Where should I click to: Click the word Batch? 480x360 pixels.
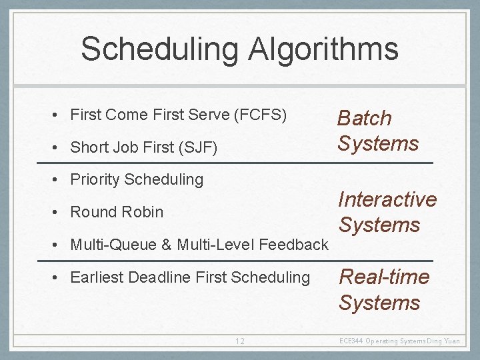[364, 118]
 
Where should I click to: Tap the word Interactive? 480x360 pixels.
[387, 199]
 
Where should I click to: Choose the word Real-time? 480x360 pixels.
[384, 277]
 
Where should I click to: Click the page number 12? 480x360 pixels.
[239, 341]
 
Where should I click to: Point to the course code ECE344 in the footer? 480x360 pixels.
[351, 341]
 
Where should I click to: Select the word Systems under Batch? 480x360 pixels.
[378, 143]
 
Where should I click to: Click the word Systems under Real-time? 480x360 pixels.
[379, 303]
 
